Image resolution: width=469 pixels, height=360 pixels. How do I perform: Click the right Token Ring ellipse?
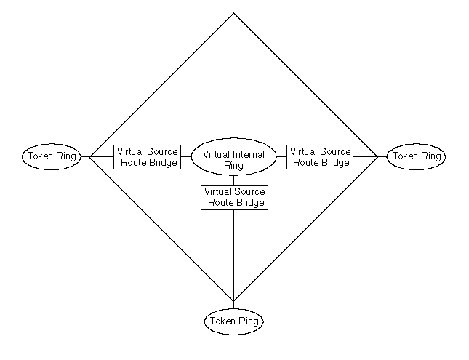pyautogui.click(x=415, y=156)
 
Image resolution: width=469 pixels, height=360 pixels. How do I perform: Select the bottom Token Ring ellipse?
pyautogui.click(x=233, y=320)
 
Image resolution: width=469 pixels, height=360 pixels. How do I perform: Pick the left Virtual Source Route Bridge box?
pyautogui.click(x=146, y=157)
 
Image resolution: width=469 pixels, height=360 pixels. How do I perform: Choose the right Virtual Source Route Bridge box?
pyautogui.click(x=321, y=157)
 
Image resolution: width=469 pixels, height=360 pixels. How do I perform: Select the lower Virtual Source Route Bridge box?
pyautogui.click(x=233, y=197)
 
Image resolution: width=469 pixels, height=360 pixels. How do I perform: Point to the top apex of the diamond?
pyautogui.click(x=233, y=13)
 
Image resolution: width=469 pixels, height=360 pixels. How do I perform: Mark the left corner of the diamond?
pyautogui.click(x=89, y=156)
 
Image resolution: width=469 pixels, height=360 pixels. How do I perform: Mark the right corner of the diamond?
pyautogui.click(x=377, y=156)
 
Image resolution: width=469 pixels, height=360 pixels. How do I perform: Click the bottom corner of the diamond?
pyautogui.click(x=233, y=300)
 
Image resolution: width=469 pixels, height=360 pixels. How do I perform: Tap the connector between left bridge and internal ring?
pyautogui.click(x=185, y=156)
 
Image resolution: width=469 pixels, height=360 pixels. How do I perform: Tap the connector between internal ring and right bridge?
pyautogui.click(x=281, y=156)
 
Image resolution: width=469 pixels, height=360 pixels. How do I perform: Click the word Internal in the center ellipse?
pyautogui.click(x=249, y=154)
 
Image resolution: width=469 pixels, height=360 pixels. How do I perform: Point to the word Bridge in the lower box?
pyautogui.click(x=249, y=203)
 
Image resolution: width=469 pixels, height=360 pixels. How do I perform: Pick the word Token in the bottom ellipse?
pyautogui.click(x=221, y=321)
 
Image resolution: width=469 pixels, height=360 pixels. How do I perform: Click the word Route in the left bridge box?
pyautogui.click(x=134, y=163)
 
